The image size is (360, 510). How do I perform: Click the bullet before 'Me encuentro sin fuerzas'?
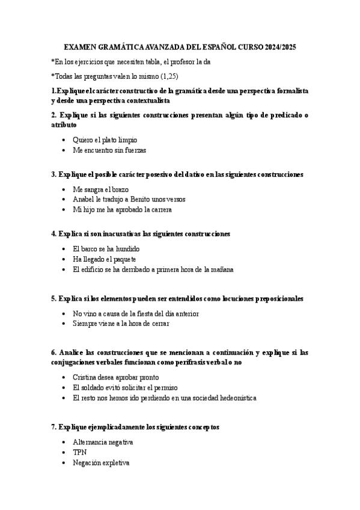click(x=63, y=151)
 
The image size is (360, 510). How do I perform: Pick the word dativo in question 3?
click(x=191, y=174)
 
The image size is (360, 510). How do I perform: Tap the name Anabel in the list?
click(x=84, y=199)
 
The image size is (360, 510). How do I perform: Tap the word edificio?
click(x=93, y=269)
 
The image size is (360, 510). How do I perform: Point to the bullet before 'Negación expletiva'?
click(x=63, y=464)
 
